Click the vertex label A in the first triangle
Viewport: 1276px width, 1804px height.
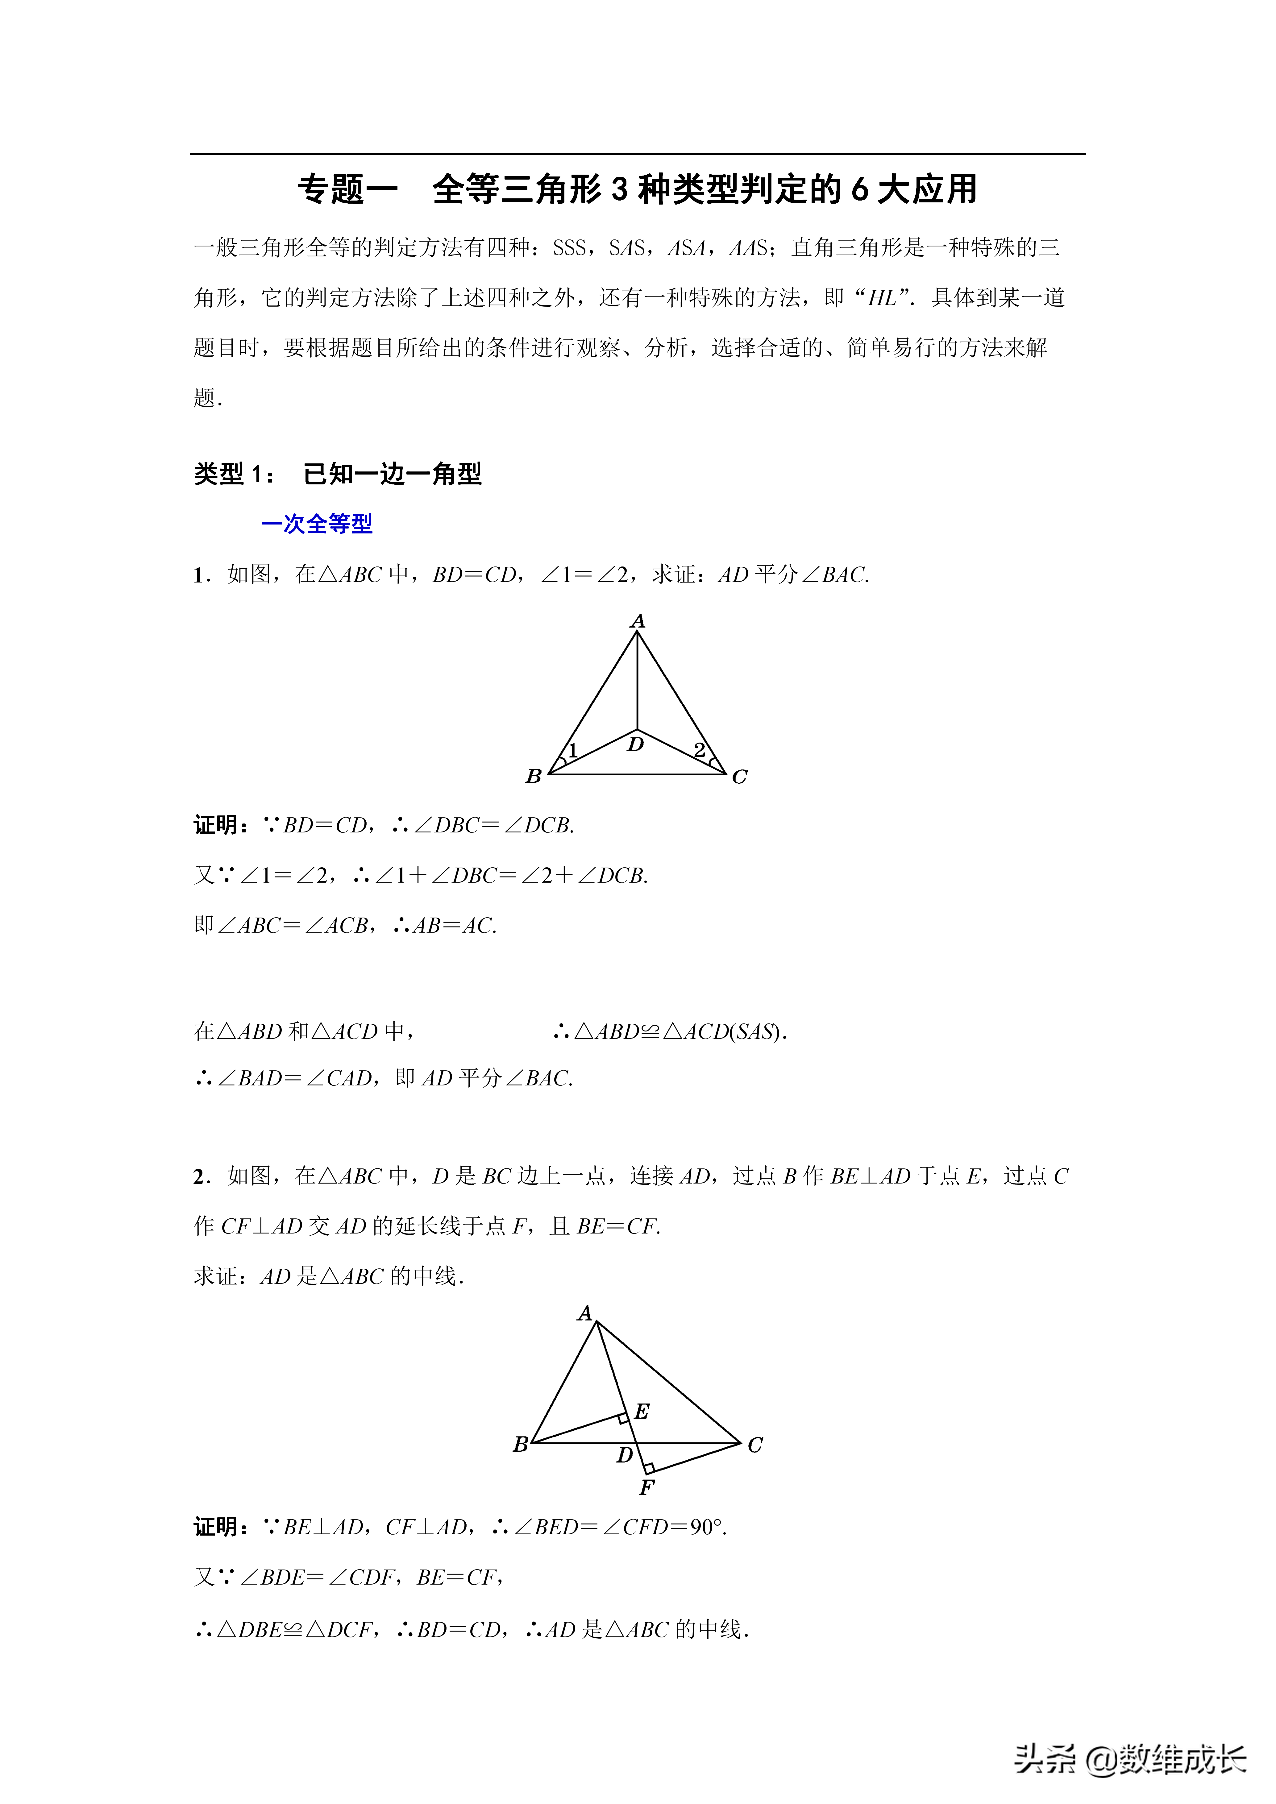[x=637, y=621]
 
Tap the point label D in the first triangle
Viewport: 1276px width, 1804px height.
[x=635, y=744]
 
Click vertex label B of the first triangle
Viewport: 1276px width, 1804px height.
[x=534, y=776]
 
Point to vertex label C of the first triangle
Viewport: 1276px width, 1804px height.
[x=739, y=777]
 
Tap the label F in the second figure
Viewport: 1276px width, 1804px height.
[x=647, y=1487]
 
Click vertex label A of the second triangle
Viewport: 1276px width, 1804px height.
[x=584, y=1314]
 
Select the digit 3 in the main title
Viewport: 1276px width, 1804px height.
[x=620, y=190]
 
